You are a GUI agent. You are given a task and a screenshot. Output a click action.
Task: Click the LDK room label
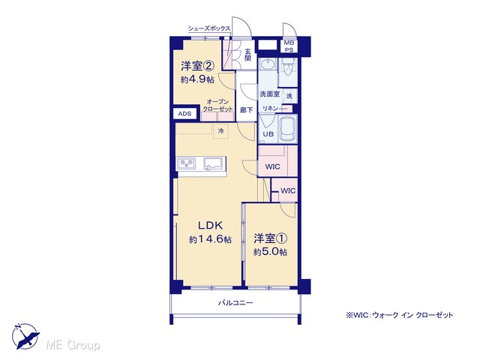click(x=210, y=226)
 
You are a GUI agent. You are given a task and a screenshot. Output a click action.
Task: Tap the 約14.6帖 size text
click(x=210, y=239)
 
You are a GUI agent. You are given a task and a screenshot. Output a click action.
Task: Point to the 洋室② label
click(x=196, y=66)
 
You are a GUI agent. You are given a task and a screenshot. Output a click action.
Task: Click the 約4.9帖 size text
click(x=197, y=79)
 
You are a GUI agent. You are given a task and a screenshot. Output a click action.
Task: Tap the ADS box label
click(x=184, y=114)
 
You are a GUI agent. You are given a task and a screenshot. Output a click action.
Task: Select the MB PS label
click(x=289, y=46)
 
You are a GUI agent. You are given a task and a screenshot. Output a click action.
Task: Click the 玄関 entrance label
click(x=247, y=55)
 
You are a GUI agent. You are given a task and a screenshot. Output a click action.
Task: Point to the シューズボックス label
click(x=209, y=28)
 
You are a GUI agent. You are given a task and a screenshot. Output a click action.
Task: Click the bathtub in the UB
click(x=288, y=129)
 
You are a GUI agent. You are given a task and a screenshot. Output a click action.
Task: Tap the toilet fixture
click(x=288, y=68)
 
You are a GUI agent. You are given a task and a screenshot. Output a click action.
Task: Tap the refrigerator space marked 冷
click(x=220, y=131)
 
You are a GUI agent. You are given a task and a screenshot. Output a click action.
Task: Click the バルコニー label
click(x=235, y=303)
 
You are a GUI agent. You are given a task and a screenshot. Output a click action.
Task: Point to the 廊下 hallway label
click(x=247, y=109)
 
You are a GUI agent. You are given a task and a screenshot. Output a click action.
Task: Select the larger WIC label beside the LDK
click(x=272, y=166)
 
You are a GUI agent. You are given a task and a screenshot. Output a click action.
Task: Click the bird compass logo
click(x=25, y=336)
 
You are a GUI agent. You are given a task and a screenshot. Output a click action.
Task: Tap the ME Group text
click(x=73, y=345)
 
